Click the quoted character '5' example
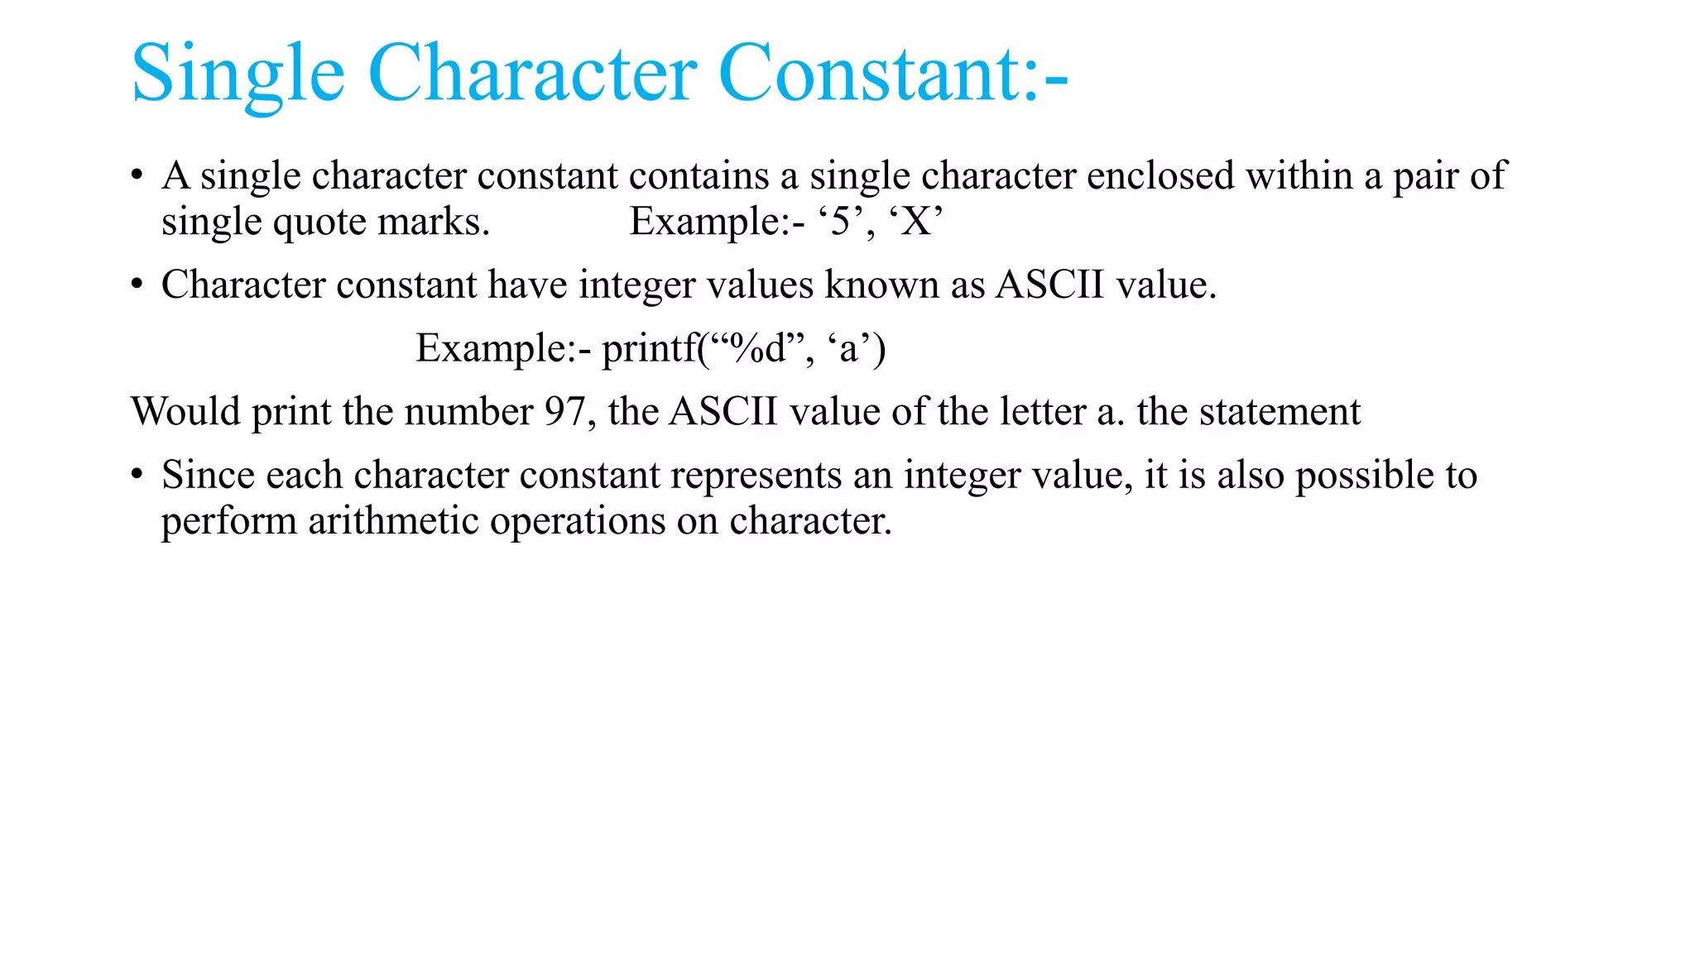(841, 222)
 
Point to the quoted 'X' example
(916, 222)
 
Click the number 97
(565, 412)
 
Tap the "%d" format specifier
(756, 348)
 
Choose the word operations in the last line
(578, 521)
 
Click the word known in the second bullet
(881, 285)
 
